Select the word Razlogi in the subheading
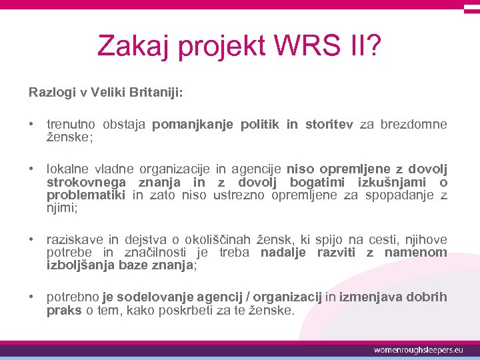pyautogui.click(x=51, y=92)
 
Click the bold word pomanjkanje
pyautogui.click(x=191, y=125)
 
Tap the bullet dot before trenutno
pyautogui.click(x=32, y=125)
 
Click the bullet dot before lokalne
pyautogui.click(x=32, y=169)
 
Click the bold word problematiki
pyautogui.click(x=87, y=195)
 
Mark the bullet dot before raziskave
pyautogui.click(x=32, y=239)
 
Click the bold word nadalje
pyautogui.click(x=283, y=252)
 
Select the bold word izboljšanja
pyautogui.click(x=80, y=265)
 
